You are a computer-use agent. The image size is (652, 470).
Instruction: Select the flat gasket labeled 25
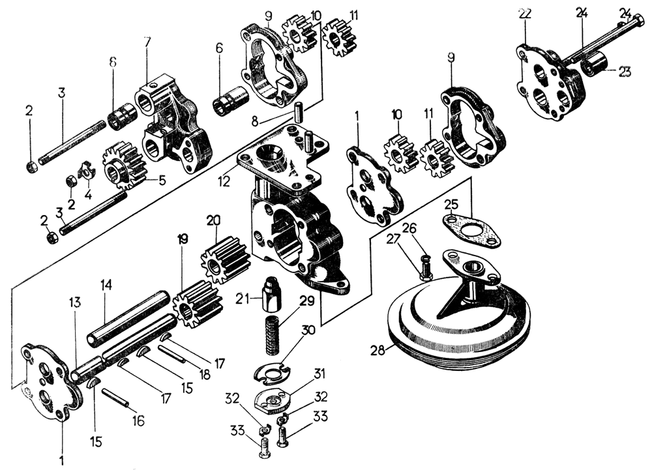pos(473,229)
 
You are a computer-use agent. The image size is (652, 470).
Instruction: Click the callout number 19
pos(182,239)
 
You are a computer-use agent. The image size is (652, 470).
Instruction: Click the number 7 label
pos(147,42)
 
